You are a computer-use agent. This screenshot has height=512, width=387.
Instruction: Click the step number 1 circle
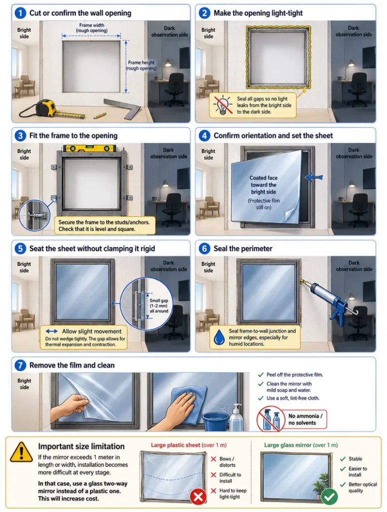pyautogui.click(x=20, y=13)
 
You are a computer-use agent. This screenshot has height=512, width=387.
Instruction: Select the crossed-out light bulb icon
pyautogui.click(x=223, y=105)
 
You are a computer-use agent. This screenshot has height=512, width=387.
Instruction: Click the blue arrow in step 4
pyautogui.click(x=314, y=177)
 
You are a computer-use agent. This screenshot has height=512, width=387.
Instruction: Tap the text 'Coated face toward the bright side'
pyautogui.click(x=264, y=185)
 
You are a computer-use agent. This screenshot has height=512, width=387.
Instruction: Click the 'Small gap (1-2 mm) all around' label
pyautogui.click(x=159, y=305)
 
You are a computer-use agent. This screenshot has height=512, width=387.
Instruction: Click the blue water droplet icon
pyautogui.click(x=219, y=337)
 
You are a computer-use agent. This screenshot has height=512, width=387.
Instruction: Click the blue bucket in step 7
pyautogui.click(x=215, y=421)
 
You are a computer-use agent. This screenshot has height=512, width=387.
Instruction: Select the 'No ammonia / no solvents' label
pyautogui.click(x=305, y=419)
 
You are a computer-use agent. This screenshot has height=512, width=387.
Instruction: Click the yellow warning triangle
pyautogui.click(x=21, y=452)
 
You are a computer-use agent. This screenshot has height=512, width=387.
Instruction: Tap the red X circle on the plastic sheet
pyautogui.click(x=198, y=496)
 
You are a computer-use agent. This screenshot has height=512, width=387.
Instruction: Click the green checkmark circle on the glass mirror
pyautogui.click(x=329, y=496)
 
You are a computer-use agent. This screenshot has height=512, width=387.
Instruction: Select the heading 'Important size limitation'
pyautogui.click(x=81, y=446)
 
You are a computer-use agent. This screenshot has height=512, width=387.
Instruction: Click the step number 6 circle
pyautogui.click(x=204, y=248)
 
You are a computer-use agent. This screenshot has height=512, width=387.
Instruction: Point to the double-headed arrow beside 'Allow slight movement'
pyautogui.click(x=51, y=331)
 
